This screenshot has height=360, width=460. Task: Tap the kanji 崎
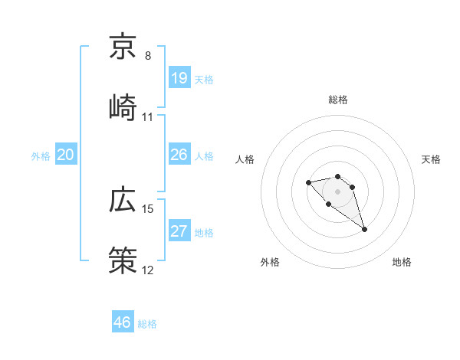pyautogui.click(x=123, y=106)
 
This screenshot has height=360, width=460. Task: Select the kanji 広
pyautogui.click(x=123, y=200)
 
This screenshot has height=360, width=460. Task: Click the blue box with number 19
pyautogui.click(x=179, y=77)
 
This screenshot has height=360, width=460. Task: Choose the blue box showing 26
pyautogui.click(x=179, y=155)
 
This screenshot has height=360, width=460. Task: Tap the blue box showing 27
pyautogui.click(x=179, y=231)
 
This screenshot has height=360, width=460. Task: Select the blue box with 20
pyautogui.click(x=65, y=155)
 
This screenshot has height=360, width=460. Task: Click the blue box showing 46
pyautogui.click(x=123, y=322)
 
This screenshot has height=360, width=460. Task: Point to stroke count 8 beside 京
pyautogui.click(x=148, y=56)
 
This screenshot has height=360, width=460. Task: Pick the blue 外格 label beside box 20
pyautogui.click(x=41, y=156)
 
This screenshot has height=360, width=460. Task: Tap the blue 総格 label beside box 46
pyautogui.click(x=147, y=324)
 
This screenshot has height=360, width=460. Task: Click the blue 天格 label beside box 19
pyautogui.click(x=204, y=80)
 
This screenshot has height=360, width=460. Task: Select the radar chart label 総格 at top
pyautogui.click(x=338, y=100)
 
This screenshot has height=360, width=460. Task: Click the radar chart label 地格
pyautogui.click(x=402, y=262)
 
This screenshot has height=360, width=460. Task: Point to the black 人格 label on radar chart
pyautogui.click(x=245, y=159)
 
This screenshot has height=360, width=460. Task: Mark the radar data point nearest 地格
pyautogui.click(x=364, y=229)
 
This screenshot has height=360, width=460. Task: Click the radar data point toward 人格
pyautogui.click(x=308, y=182)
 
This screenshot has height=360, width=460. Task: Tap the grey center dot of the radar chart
pyautogui.click(x=337, y=191)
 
